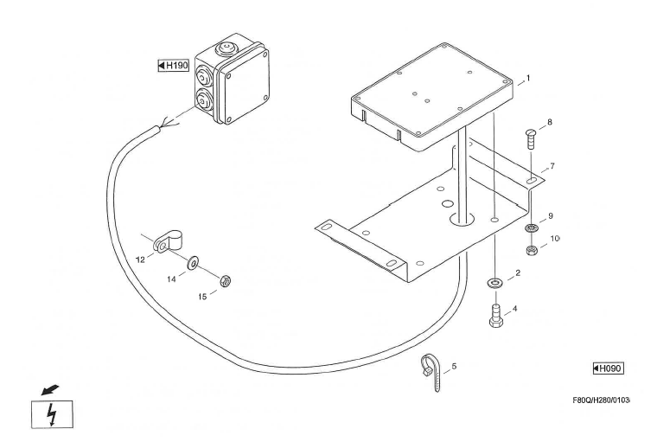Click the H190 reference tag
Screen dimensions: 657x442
[x=174, y=66]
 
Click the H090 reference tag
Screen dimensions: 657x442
[x=608, y=368]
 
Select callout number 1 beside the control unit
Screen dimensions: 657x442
[x=528, y=78]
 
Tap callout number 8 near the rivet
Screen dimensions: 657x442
[x=550, y=122]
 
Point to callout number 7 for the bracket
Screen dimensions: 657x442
[x=552, y=166]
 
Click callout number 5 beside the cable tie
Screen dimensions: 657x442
[x=454, y=367]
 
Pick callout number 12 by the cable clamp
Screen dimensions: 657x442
[x=140, y=260]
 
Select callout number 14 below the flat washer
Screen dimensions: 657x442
[x=171, y=279]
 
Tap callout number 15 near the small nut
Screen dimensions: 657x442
[x=202, y=297]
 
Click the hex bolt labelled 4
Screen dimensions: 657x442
[x=496, y=316]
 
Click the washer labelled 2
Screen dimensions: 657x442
[x=495, y=283]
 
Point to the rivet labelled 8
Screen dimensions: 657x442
[x=531, y=139]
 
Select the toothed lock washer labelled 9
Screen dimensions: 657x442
[x=532, y=229]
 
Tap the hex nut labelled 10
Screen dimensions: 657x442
[x=532, y=250]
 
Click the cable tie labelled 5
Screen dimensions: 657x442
[x=431, y=372]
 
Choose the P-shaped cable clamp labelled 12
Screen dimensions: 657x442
[x=168, y=242]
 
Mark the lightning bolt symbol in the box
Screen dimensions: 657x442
[x=52, y=414]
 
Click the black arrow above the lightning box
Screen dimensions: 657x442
[x=50, y=390]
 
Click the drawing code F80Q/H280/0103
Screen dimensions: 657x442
[x=601, y=400]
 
